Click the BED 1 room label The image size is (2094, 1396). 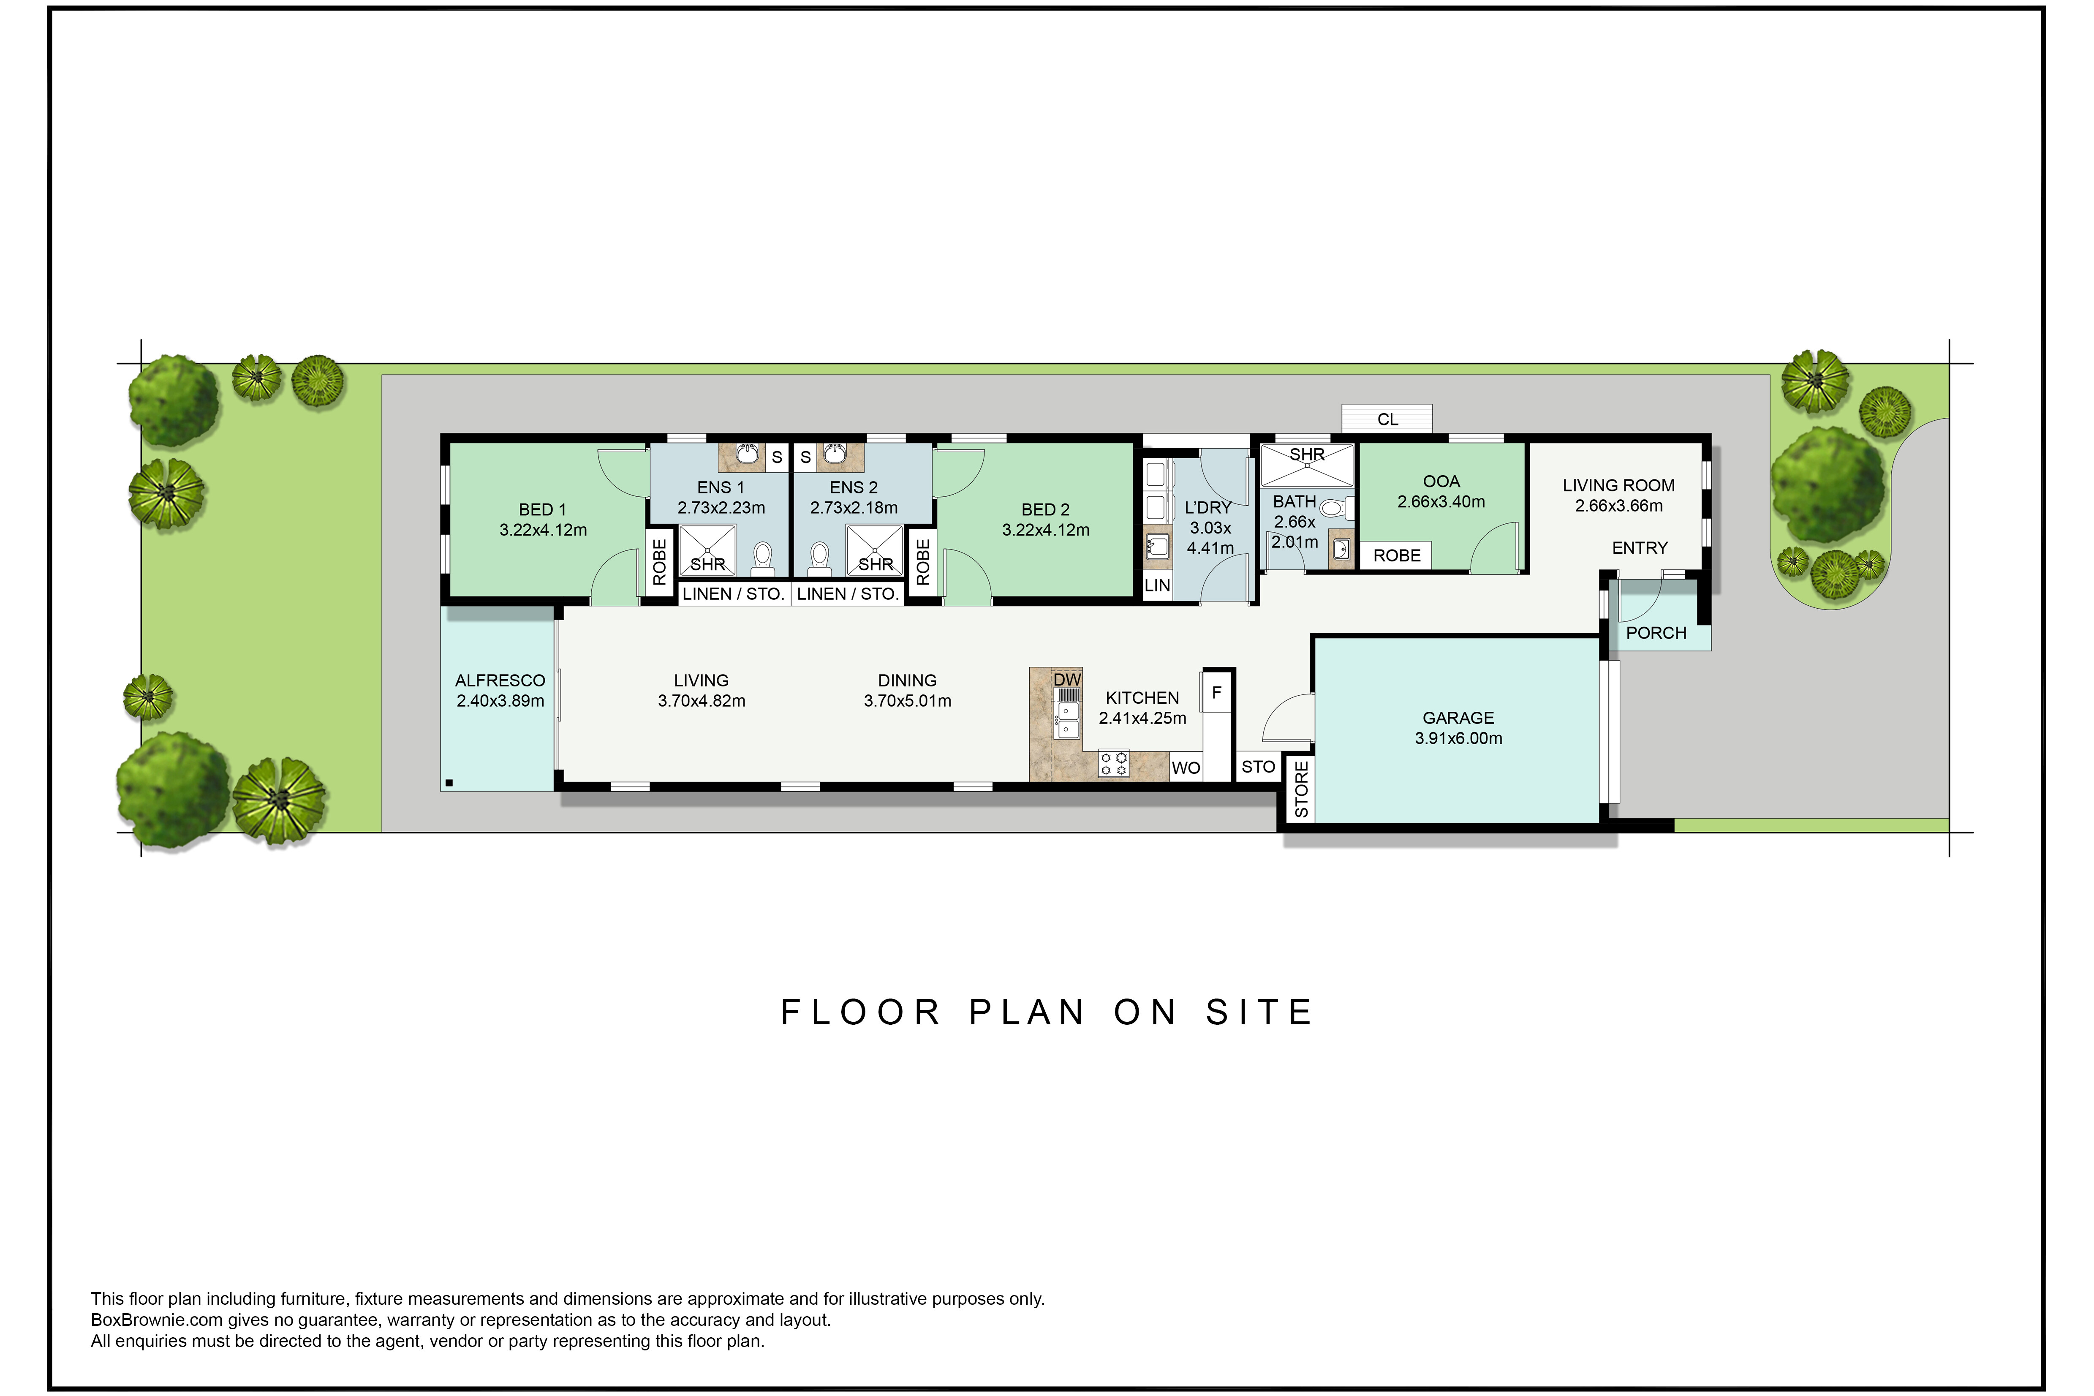pyautogui.click(x=542, y=509)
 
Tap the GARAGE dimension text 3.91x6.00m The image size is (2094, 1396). pyautogui.click(x=1458, y=738)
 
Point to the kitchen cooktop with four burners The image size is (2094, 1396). pyautogui.click(x=1113, y=764)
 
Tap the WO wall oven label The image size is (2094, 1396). pyautogui.click(x=1185, y=767)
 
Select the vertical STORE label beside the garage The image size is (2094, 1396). pyautogui.click(x=1301, y=789)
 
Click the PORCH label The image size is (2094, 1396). pyautogui.click(x=1656, y=633)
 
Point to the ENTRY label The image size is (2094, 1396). pyautogui.click(x=1639, y=547)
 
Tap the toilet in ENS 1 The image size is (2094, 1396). pyautogui.click(x=762, y=557)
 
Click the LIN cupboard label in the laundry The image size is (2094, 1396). pyautogui.click(x=1156, y=585)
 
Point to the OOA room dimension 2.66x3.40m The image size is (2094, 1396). pyautogui.click(x=1441, y=501)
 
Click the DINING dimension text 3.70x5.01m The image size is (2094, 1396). pyautogui.click(x=907, y=701)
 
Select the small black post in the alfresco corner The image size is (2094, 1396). pyautogui.click(x=450, y=783)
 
